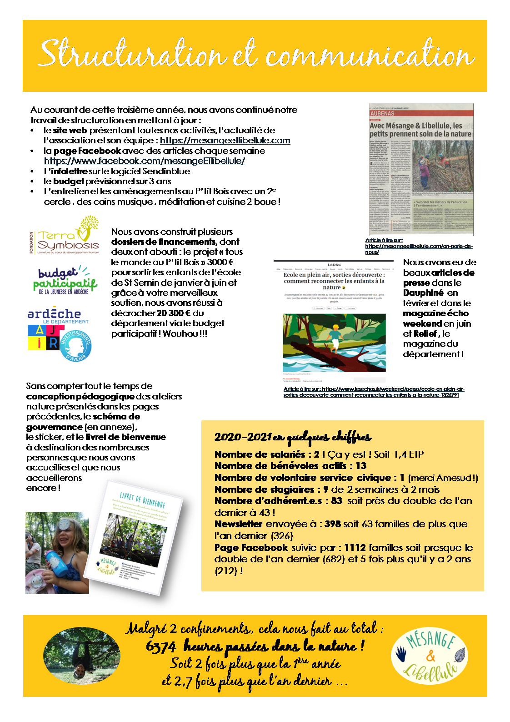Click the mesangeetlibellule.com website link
point(225,141)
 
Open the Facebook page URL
point(144,161)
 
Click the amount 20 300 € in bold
point(174,313)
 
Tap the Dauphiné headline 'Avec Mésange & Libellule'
point(420,130)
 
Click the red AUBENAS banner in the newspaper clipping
point(421,113)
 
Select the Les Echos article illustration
point(334,343)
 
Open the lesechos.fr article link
point(374,392)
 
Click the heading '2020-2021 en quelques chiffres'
point(293,437)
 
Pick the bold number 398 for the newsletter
point(333,524)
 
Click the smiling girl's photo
point(57,553)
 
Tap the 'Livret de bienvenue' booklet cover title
point(142,500)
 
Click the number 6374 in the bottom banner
point(161,646)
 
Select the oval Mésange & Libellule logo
point(430,656)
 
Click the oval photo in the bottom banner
point(82,656)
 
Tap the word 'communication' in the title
point(370,56)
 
